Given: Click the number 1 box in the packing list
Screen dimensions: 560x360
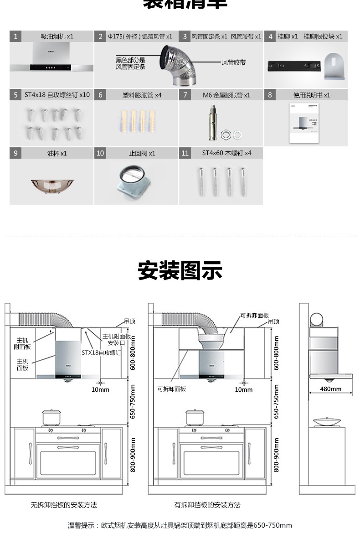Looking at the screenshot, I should pyautogui.click(x=15, y=36).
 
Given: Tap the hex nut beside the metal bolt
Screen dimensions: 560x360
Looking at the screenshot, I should pyautogui.click(x=225, y=135).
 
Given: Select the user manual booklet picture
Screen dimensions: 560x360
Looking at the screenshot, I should pyautogui.click(x=305, y=124).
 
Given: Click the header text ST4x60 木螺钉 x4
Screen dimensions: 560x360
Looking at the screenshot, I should pyautogui.click(x=226, y=153).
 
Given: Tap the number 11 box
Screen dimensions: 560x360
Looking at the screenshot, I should pyautogui.click(x=185, y=153).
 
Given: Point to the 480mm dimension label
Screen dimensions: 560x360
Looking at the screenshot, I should pyautogui.click(x=330, y=389).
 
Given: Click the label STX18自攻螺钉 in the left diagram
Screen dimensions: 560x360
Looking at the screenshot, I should pyautogui.click(x=101, y=353).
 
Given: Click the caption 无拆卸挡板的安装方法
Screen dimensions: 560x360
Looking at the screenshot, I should pyautogui.click(x=64, y=505).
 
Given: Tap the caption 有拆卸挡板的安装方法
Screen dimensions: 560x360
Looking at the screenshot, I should pyautogui.click(x=207, y=505).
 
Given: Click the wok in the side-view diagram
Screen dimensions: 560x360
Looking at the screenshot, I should pyautogui.click(x=326, y=422).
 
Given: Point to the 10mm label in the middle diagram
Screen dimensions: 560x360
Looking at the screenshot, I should pyautogui.click(x=243, y=389).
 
